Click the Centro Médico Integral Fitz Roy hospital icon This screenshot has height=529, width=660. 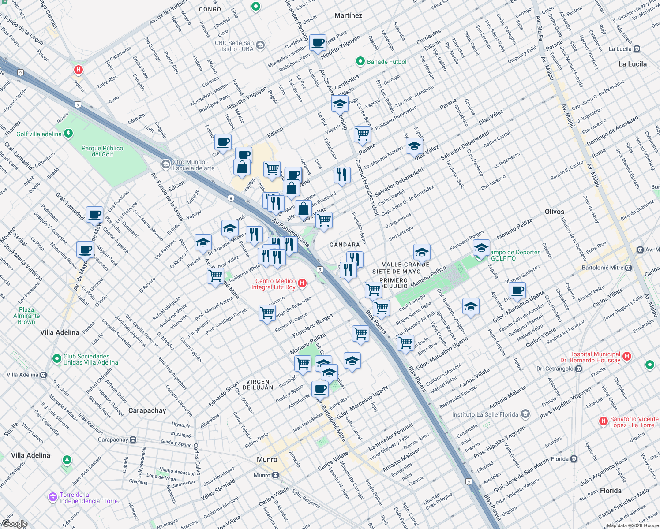302,283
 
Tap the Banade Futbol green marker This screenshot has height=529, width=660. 360,61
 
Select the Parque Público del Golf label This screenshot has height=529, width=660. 102,151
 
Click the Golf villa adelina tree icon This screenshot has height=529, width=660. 68,133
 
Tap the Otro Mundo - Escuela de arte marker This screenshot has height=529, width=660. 166,164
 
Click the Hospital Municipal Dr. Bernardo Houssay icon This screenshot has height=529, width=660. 627,357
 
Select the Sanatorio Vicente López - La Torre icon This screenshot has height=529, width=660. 603,421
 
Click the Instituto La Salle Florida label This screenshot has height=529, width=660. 485,414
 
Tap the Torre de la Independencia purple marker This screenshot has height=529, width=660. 53,497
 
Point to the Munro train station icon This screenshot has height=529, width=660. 275,475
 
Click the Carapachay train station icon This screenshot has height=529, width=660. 133,440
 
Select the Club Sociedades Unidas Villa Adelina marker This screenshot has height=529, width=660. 56,359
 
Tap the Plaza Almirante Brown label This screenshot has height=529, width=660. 26,316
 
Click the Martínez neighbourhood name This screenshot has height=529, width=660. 348,15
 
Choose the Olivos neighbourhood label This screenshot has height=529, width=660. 555,212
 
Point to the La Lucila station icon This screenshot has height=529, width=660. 637,49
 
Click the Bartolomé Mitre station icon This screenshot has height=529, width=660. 628,268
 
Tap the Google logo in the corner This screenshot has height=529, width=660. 15,524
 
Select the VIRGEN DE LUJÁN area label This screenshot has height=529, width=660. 258,384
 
